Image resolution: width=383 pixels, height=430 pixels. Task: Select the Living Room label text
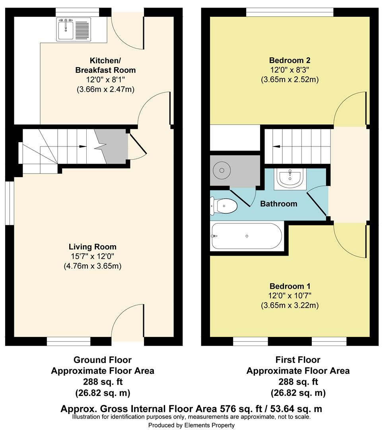click(92, 247)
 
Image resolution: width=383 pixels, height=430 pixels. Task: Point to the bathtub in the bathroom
click(247, 236)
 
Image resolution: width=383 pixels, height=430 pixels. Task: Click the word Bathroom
click(278, 204)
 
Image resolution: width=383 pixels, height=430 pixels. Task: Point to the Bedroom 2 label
click(290, 61)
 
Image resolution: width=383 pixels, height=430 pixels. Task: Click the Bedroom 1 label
click(290, 286)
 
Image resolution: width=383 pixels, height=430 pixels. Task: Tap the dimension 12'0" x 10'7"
click(290, 296)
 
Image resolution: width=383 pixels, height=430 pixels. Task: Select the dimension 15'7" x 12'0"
click(92, 256)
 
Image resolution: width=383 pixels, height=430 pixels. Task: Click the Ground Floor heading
click(102, 360)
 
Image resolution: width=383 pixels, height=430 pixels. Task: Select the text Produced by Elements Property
click(191, 425)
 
